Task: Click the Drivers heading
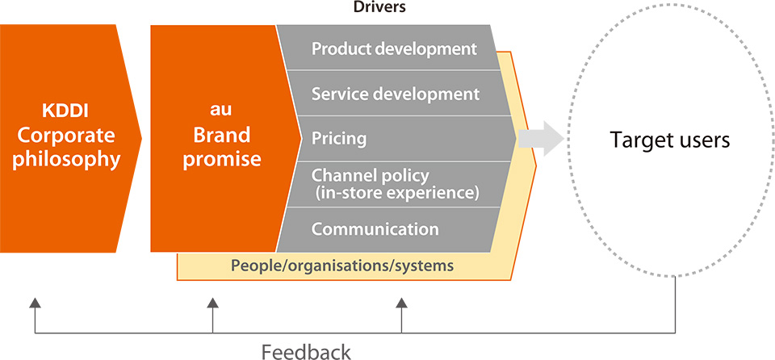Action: click(x=379, y=8)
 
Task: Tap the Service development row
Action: click(x=396, y=94)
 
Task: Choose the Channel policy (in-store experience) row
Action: click(x=396, y=184)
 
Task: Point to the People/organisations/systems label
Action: click(x=342, y=266)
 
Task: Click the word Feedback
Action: click(x=306, y=352)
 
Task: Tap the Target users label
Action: click(x=670, y=140)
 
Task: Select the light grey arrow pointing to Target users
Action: click(x=541, y=139)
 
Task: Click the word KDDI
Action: click(x=65, y=111)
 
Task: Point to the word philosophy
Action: click(x=67, y=160)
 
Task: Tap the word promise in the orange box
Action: click(x=222, y=160)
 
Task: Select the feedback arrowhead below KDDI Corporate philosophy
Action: click(x=35, y=303)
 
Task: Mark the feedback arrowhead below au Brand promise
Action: click(x=212, y=303)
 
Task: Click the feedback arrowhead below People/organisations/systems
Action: click(x=401, y=303)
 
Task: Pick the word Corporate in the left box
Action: click(x=64, y=136)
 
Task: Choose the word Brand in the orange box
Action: click(x=222, y=135)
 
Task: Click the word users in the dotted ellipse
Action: click(x=702, y=141)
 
